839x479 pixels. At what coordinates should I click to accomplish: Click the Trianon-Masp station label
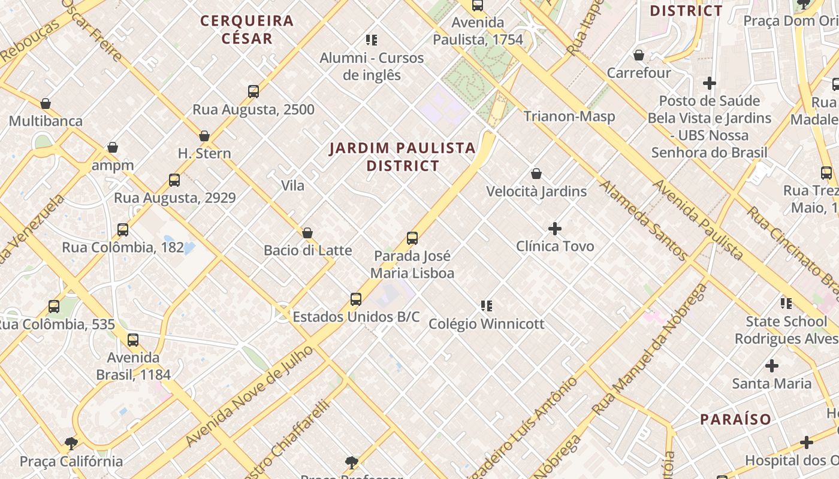569,116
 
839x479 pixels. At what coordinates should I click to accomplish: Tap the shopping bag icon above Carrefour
639,55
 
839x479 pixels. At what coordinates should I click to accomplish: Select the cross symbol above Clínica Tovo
555,228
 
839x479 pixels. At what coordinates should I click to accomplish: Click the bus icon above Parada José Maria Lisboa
412,238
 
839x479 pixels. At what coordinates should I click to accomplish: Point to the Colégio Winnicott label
486,324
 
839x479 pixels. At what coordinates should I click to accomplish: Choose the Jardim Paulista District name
402,156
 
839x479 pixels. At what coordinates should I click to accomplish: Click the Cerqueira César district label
247,29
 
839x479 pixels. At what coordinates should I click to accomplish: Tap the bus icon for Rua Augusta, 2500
253,92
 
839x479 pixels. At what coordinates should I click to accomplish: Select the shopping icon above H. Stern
204,136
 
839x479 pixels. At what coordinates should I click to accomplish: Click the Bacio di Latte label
307,250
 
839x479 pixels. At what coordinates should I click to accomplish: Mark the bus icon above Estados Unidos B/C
356,299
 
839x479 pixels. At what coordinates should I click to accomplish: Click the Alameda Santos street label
643,220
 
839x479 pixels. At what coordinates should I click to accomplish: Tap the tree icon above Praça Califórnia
71,444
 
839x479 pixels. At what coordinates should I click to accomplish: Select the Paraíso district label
735,419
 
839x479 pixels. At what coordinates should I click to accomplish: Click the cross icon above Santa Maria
772,365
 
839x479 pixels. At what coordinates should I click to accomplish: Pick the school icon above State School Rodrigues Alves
786,304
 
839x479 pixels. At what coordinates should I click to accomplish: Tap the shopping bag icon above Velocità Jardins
536,174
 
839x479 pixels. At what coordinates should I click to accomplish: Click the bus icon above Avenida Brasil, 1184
133,340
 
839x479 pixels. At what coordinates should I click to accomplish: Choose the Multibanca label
46,121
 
